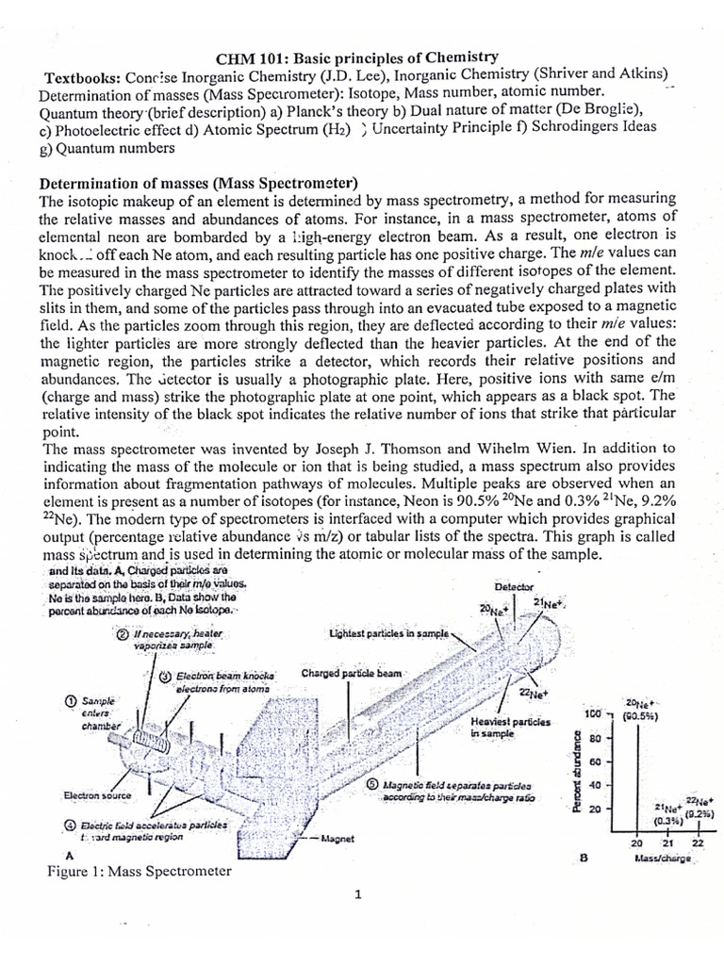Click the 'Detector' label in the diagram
[514, 588]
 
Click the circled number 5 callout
[373, 784]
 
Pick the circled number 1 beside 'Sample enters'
[71, 700]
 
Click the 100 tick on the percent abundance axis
[593, 715]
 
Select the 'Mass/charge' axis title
[664, 859]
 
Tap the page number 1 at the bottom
[359, 895]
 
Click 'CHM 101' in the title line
[250, 57]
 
